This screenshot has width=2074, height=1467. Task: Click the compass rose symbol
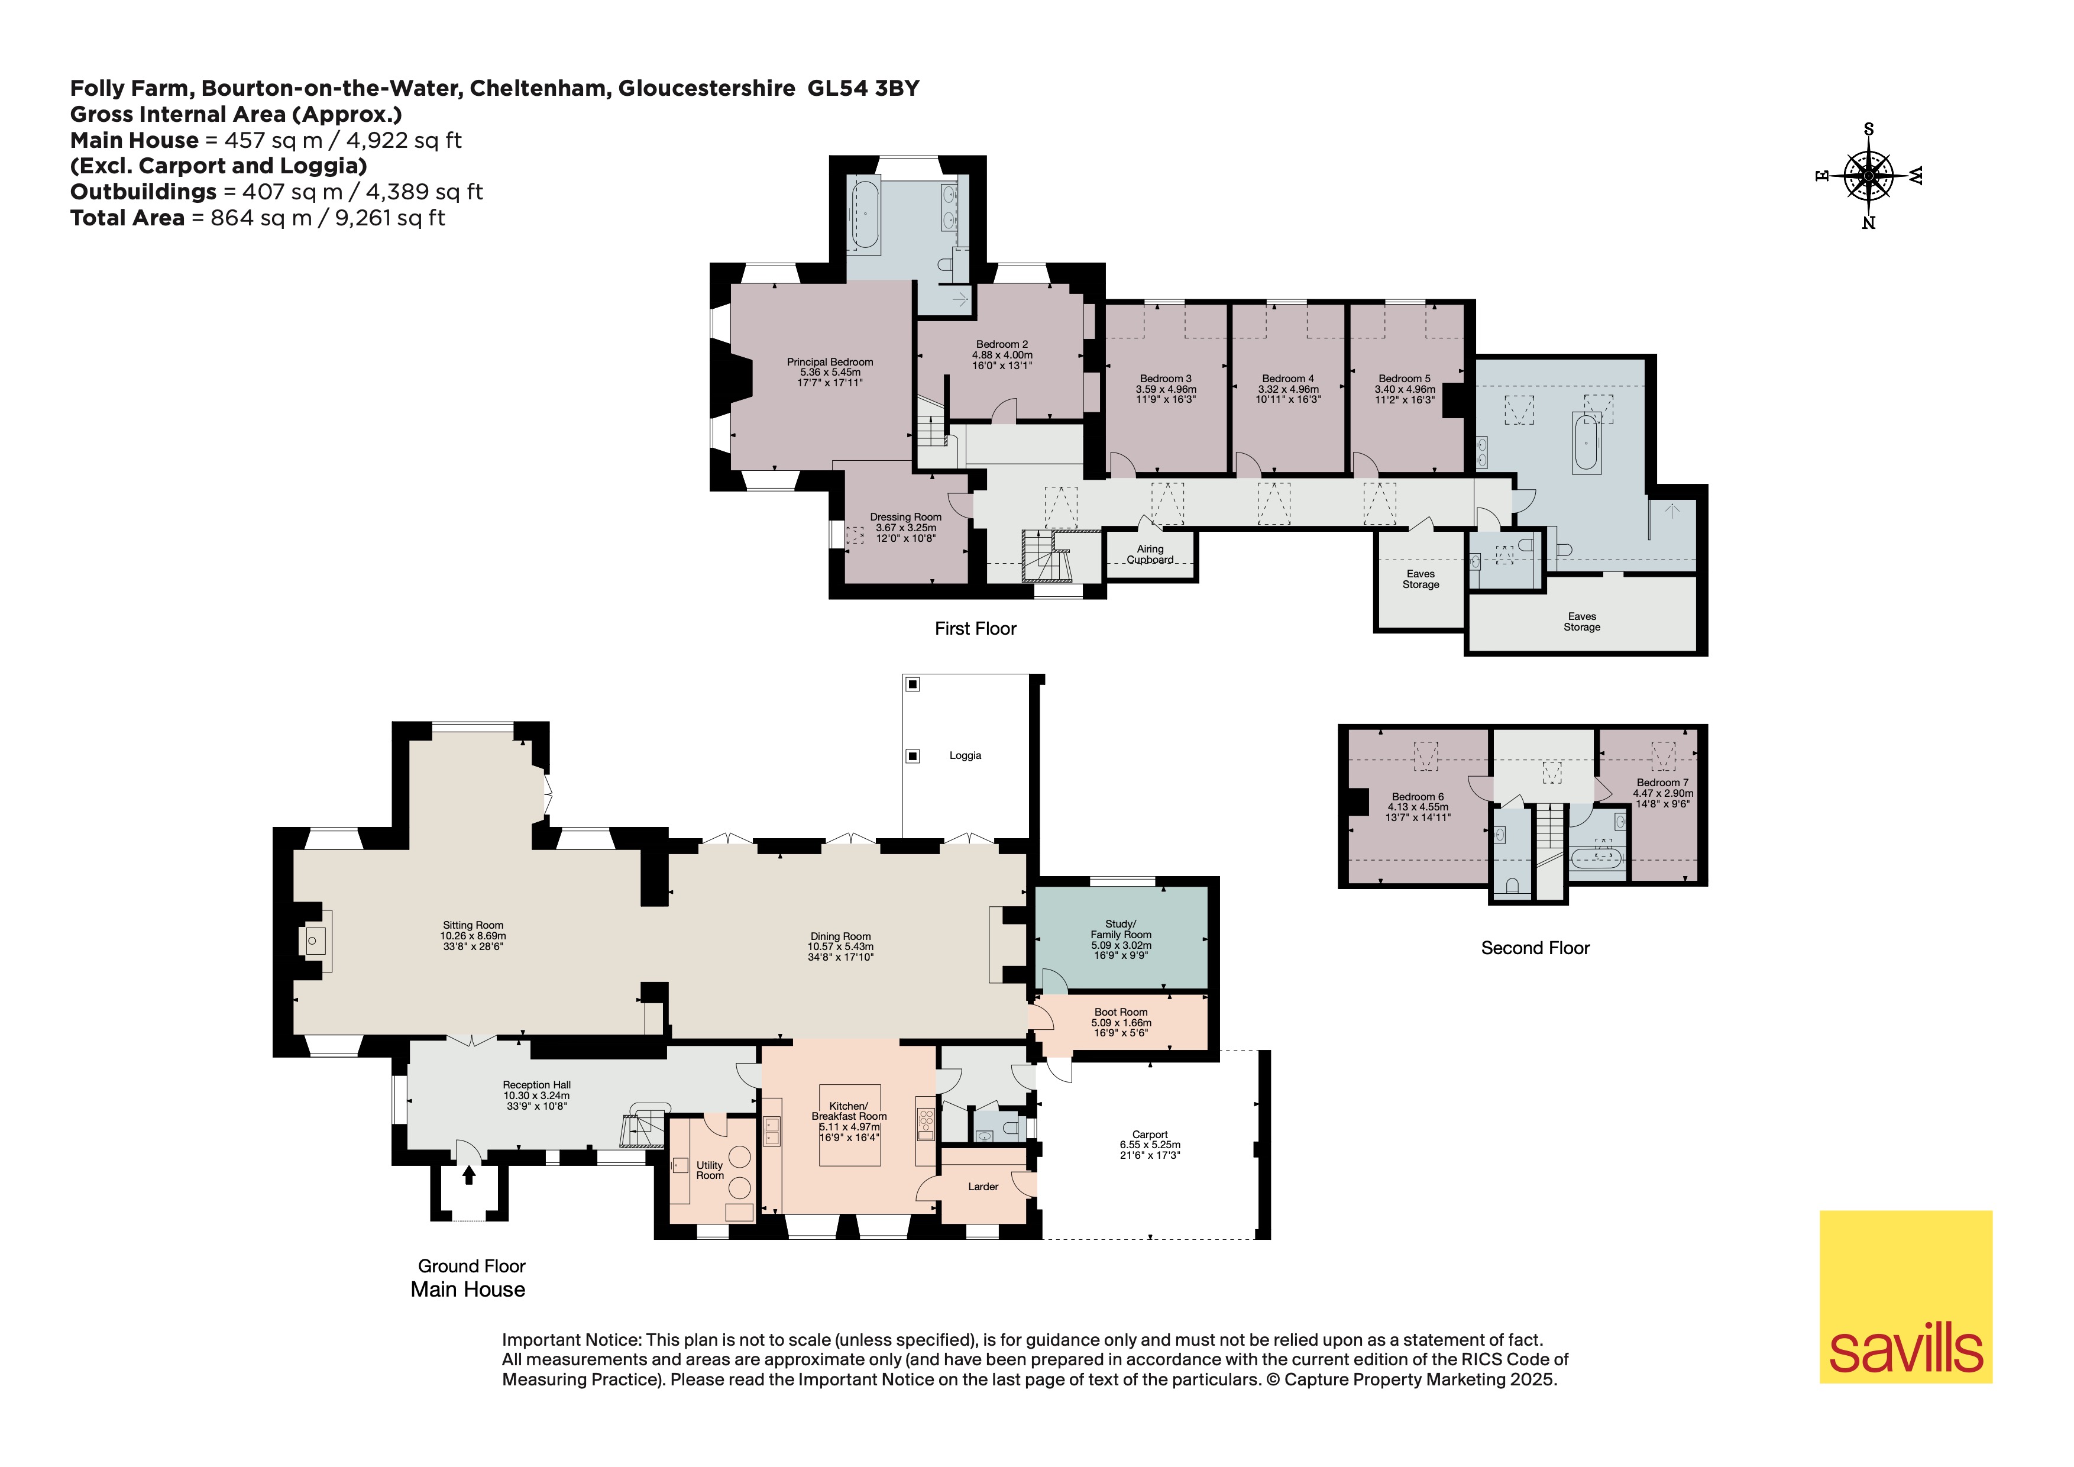(1868, 175)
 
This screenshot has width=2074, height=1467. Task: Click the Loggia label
(965, 755)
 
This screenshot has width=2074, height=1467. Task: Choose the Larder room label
(983, 1186)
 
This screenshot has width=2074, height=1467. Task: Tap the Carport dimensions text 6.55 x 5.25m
(1150, 1145)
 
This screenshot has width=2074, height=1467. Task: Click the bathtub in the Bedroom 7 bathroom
(1597, 857)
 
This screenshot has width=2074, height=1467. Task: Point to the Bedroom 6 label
(1418, 797)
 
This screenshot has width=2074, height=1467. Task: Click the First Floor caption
(976, 629)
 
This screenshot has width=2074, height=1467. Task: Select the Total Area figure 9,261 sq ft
(390, 218)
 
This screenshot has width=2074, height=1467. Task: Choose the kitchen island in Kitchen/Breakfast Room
(849, 1125)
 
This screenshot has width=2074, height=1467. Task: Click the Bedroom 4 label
(1288, 379)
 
